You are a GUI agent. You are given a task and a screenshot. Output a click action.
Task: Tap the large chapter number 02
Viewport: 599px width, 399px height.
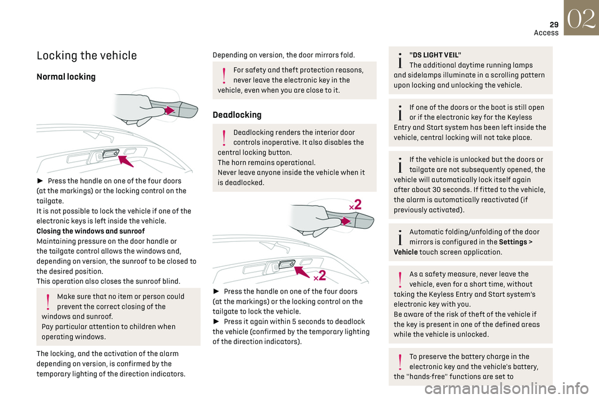pos(581,17)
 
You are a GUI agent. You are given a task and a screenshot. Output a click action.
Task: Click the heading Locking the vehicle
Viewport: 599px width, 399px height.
pos(87,55)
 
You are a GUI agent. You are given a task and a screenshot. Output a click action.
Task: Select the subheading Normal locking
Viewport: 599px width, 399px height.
pos(66,77)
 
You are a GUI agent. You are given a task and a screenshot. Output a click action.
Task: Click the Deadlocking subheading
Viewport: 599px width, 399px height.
pos(237,115)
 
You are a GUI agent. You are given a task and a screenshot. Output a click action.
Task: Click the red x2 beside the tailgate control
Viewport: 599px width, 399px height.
pos(319,274)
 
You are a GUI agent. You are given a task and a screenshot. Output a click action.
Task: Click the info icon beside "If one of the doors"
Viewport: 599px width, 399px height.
pos(399,112)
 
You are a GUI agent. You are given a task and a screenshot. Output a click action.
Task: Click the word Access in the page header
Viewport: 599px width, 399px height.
pos(546,32)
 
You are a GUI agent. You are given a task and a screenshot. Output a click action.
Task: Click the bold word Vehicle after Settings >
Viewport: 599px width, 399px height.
pos(406,252)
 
